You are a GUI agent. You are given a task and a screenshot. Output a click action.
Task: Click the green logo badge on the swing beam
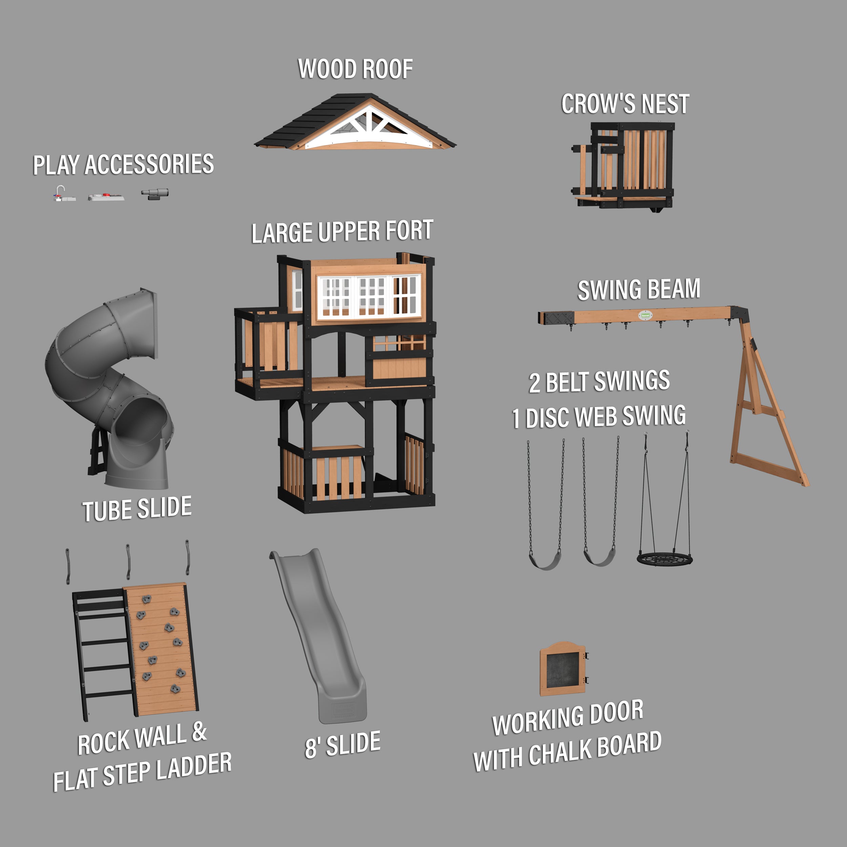(x=645, y=315)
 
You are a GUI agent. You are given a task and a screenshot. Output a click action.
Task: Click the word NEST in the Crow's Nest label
(x=665, y=104)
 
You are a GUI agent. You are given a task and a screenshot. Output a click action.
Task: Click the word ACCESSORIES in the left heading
(x=149, y=164)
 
